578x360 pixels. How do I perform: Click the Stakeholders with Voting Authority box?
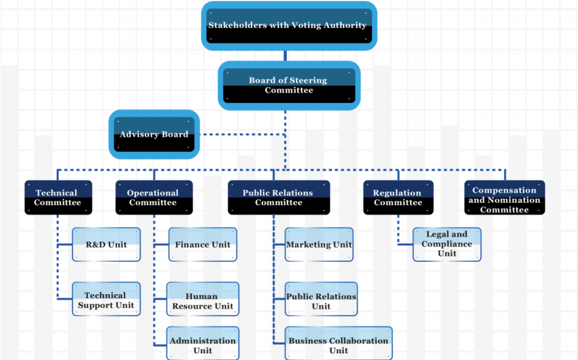288,26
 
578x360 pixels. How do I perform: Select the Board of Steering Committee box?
288,85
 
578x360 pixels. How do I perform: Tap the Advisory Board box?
154,134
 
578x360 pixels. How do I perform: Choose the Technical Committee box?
58,197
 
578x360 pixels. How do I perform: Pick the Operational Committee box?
153,197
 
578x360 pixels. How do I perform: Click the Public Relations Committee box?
278,197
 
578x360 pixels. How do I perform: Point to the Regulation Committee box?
398,197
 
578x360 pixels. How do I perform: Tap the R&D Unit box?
107,244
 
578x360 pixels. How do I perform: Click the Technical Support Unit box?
107,299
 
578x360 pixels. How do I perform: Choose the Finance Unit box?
203,244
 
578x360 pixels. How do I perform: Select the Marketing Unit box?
319,244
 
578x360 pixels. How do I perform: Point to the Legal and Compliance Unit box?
447,244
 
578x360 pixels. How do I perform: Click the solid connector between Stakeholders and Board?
284,55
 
